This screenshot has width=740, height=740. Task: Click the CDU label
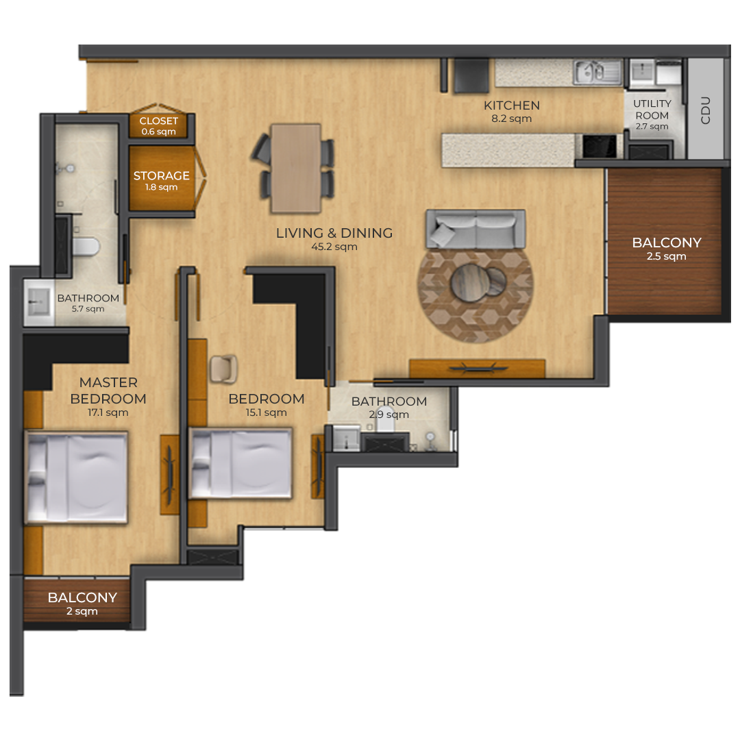[x=706, y=110]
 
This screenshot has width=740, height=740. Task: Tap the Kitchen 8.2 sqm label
[x=512, y=112]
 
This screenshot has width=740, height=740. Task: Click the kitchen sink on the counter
[x=597, y=72]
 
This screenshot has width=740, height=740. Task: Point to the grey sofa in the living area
[x=476, y=229]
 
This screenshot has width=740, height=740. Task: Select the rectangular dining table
[x=296, y=169]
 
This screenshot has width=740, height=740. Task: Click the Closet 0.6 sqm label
[x=158, y=126]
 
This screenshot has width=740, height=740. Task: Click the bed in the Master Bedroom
[x=76, y=477]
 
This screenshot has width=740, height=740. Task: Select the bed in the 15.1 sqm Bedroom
[x=241, y=463]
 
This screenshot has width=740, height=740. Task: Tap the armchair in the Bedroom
[x=223, y=369]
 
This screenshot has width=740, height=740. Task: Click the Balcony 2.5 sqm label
[x=667, y=249]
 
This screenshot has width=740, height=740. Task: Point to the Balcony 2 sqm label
[x=82, y=604]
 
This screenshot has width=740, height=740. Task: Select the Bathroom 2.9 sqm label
[x=389, y=407]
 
